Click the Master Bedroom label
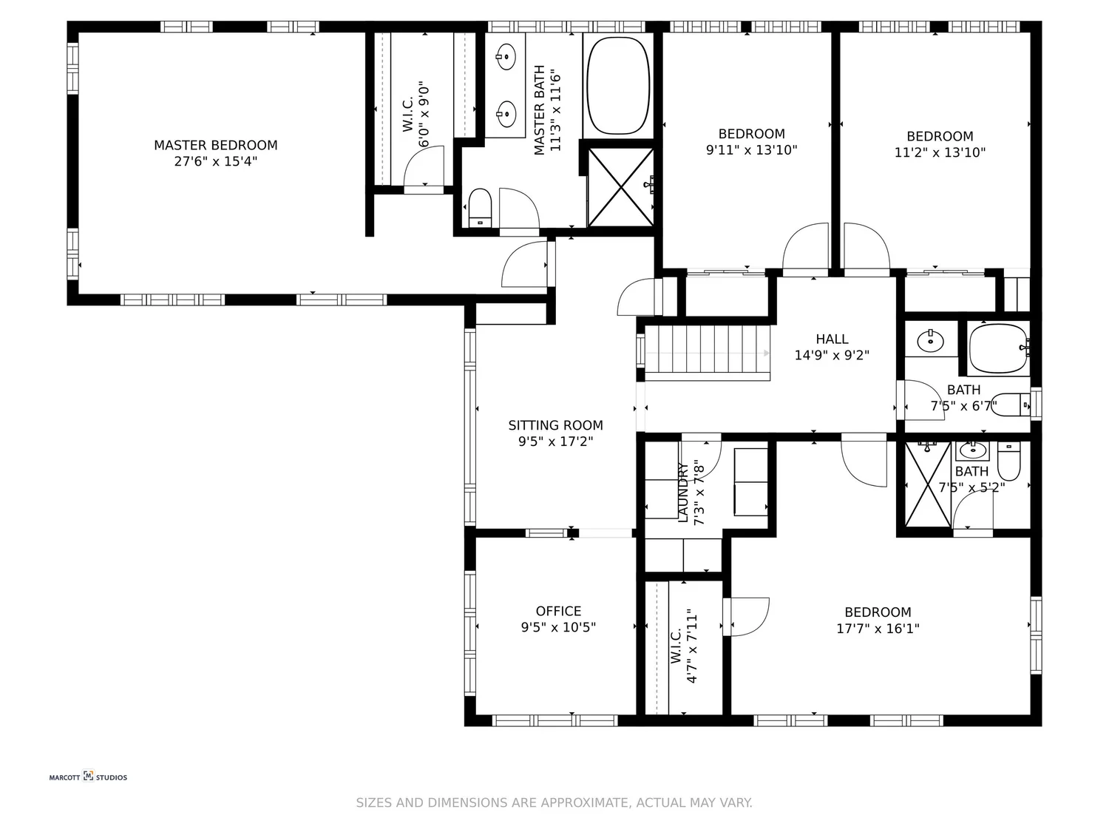(x=216, y=146)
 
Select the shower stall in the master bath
(x=620, y=187)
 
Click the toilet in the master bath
(x=480, y=207)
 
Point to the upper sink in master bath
(x=506, y=55)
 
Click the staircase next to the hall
(x=706, y=353)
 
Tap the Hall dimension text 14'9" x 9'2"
(x=832, y=355)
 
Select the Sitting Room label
(x=555, y=425)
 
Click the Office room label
(x=558, y=611)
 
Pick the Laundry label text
(x=682, y=493)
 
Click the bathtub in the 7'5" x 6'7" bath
(x=998, y=348)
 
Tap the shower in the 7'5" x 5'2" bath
(x=928, y=484)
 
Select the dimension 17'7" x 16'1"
(x=878, y=629)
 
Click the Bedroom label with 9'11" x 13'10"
(x=751, y=134)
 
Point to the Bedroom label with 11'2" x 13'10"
(x=940, y=136)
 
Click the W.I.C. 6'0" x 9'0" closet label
(x=408, y=117)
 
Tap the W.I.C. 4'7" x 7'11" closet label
(x=676, y=647)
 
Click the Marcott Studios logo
(x=88, y=777)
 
